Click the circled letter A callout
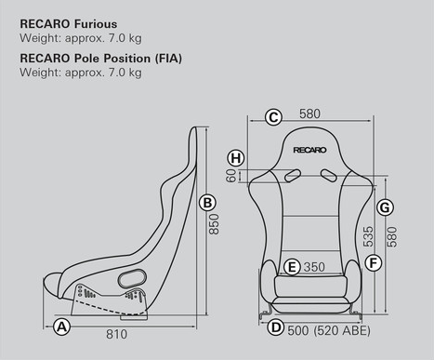62,327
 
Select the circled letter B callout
208,203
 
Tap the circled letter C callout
273,116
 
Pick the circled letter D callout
275,327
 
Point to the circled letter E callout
292,267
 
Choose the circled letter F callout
374,263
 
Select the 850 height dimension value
215,224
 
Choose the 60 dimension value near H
232,174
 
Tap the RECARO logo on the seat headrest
309,148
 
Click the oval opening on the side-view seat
132,276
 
